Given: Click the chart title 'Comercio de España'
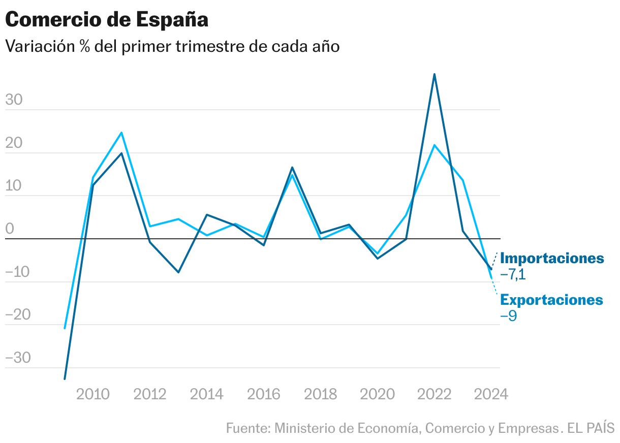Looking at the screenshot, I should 107,20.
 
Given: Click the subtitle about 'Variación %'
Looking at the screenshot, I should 172,46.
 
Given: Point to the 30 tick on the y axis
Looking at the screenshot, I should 14,100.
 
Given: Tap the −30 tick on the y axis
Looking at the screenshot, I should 18,358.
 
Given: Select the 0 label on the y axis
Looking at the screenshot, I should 10,229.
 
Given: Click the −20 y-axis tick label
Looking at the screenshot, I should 18,315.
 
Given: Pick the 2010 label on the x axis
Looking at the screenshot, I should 93,394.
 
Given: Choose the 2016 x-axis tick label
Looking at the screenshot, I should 264,394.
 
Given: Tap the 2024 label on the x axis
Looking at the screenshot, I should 491,394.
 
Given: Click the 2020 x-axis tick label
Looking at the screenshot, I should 378,394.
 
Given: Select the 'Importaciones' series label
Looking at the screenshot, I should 552,258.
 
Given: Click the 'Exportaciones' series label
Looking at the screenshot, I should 552,300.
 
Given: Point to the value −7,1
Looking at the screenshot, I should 513,275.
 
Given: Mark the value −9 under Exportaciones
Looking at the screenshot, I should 509,316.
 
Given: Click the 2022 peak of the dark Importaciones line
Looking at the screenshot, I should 435,74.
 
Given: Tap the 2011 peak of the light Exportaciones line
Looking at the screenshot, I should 121,133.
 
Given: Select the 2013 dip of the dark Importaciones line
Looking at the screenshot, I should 178,272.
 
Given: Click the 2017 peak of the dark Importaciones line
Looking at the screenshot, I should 292,167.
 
